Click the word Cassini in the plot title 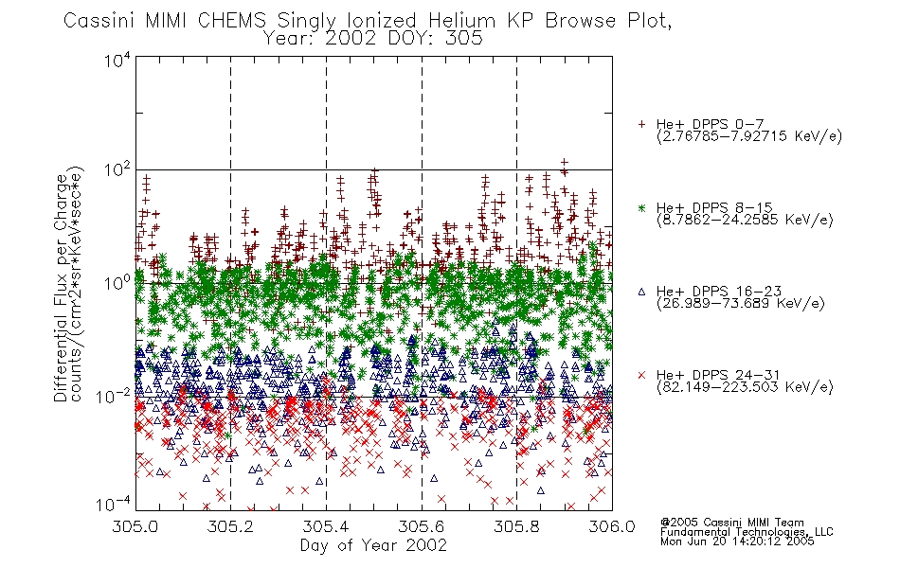99,21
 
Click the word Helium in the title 461,21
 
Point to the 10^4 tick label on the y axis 117,60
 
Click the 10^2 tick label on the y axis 117,171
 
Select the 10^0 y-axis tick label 117,283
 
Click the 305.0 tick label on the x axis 135,526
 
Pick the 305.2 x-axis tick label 231,526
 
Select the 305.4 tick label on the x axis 326,526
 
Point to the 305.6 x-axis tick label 422,526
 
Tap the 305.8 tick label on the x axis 516,526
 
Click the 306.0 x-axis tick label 612,526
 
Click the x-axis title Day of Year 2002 373,545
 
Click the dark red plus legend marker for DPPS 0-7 641,124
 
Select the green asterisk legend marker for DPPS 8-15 641,207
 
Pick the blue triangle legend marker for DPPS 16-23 641,292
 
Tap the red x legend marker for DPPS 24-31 641,375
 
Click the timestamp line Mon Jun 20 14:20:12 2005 737,541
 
